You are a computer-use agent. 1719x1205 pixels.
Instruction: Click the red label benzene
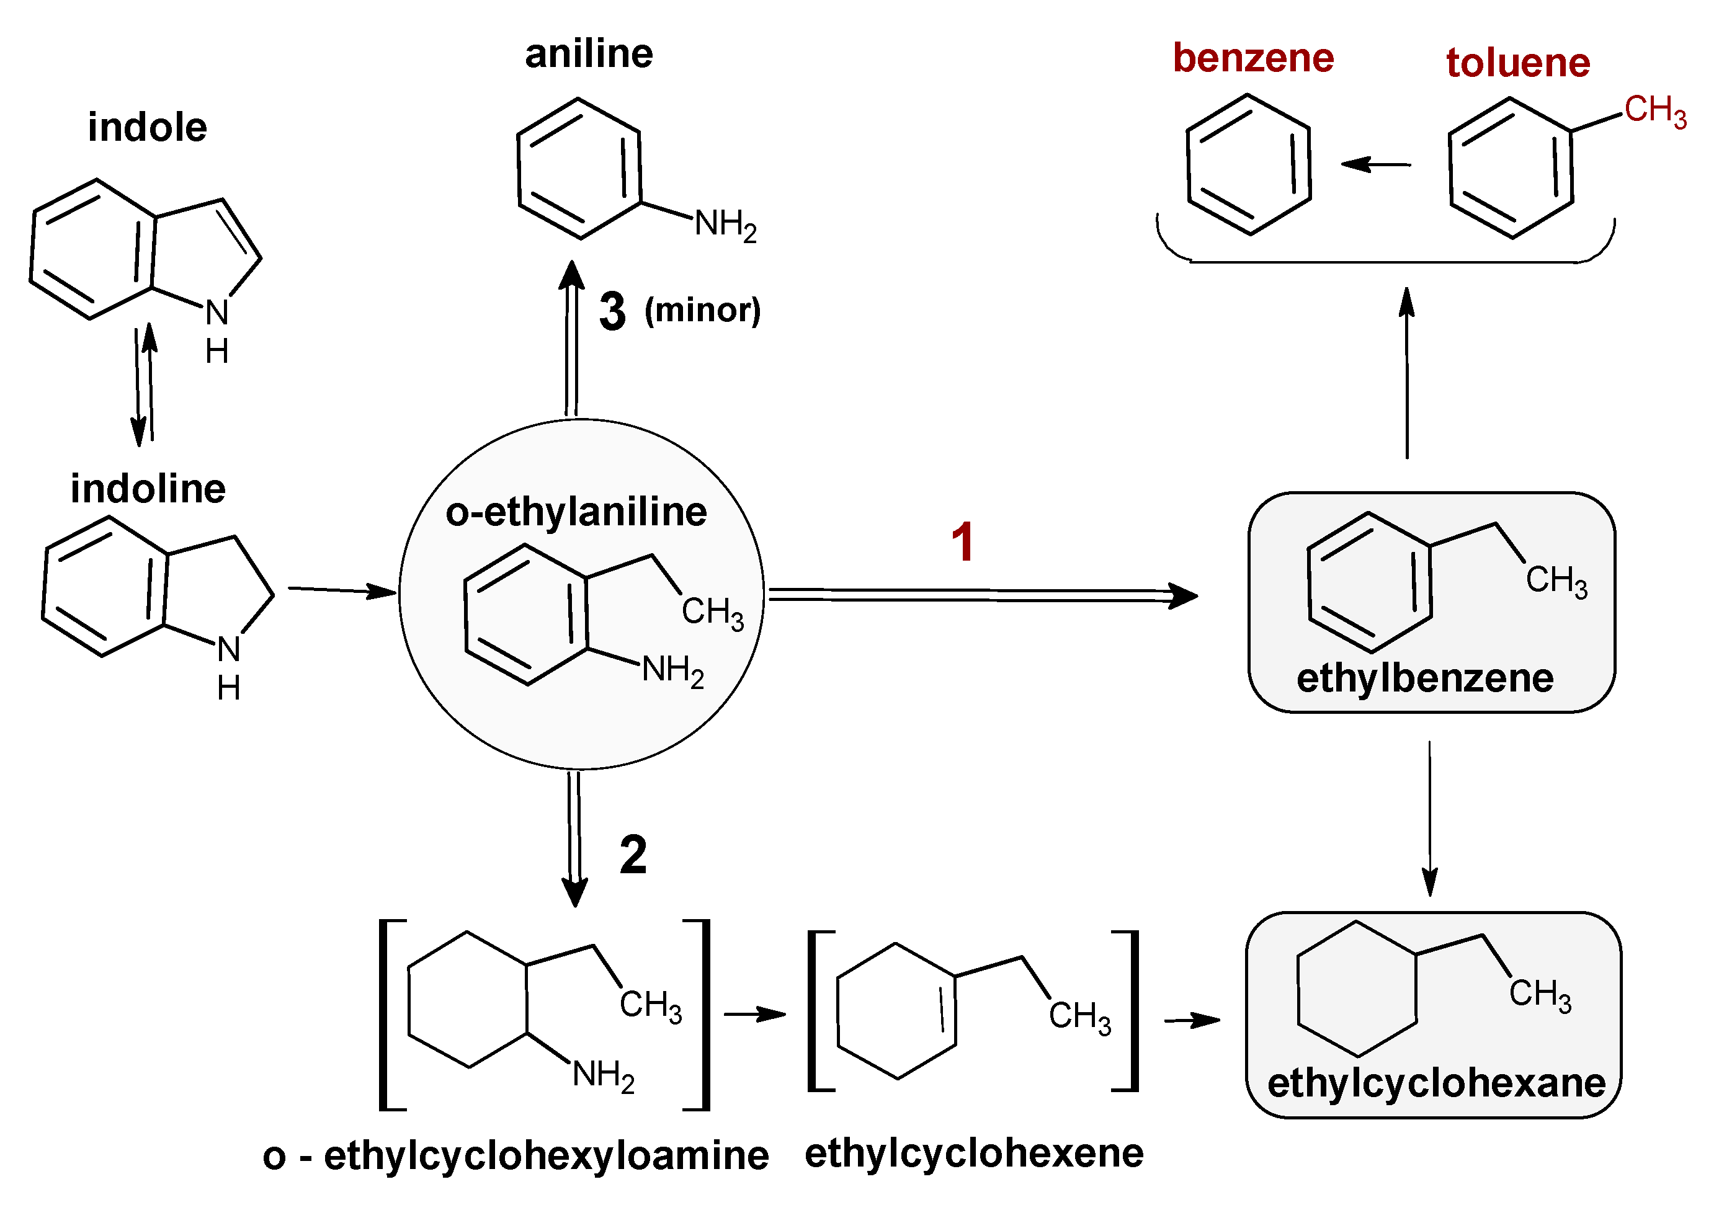coord(1252,58)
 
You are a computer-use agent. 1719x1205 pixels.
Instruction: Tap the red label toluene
coord(1517,63)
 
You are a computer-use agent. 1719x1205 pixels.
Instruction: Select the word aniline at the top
coord(589,54)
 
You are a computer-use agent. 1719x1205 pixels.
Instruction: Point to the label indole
coord(147,127)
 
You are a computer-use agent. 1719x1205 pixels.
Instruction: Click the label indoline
coord(148,489)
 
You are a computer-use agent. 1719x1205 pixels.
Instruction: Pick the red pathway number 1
coord(962,542)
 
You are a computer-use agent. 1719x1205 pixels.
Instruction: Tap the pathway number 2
coord(633,855)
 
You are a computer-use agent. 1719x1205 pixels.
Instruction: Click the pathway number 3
coord(612,311)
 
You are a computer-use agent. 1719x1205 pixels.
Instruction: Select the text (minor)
coord(702,310)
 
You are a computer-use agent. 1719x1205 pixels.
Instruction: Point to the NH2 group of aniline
coord(725,224)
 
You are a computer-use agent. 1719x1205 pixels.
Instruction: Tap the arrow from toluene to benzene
coord(1375,164)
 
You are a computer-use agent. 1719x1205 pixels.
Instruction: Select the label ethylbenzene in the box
coord(1425,678)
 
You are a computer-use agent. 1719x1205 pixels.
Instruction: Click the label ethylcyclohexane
coord(1436,1083)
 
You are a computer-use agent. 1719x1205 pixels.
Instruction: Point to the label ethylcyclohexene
coord(973,1153)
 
